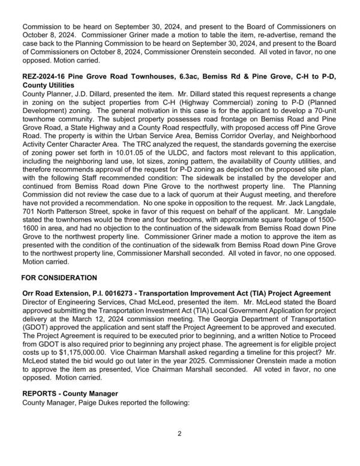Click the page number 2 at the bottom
[179, 434]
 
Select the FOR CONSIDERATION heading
[59, 278]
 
